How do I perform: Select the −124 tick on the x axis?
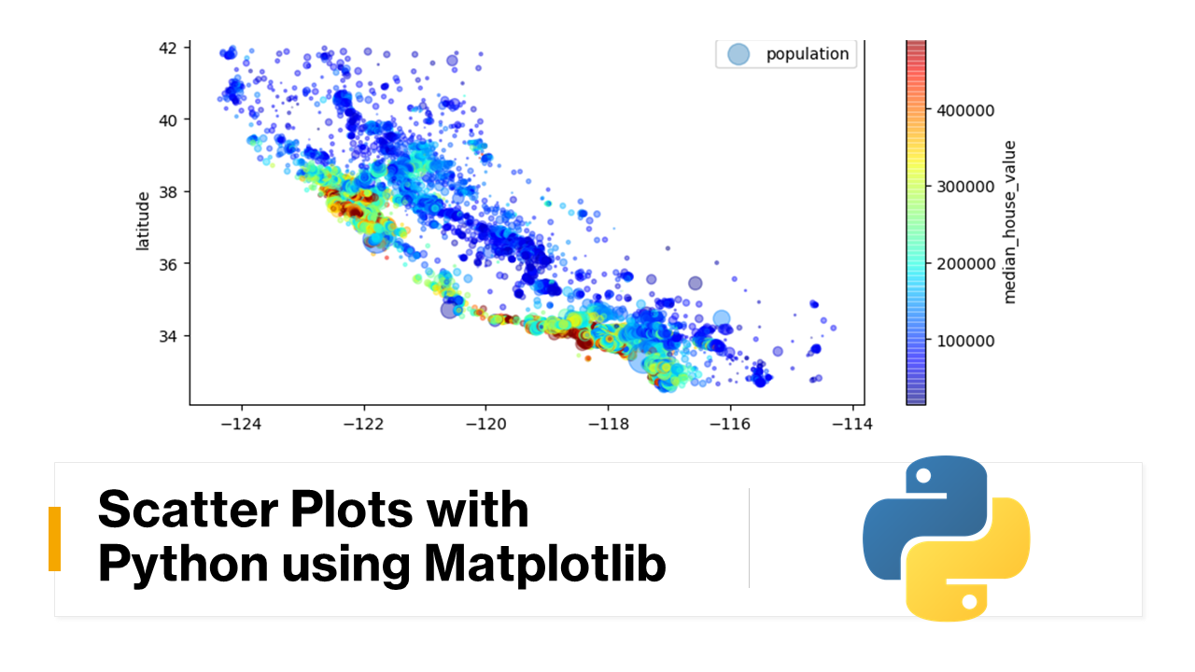pyautogui.click(x=242, y=424)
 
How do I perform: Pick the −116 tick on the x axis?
pyautogui.click(x=729, y=424)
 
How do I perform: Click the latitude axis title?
pyautogui.click(x=143, y=220)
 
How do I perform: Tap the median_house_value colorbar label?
pyautogui.click(x=1009, y=222)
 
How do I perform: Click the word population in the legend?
pyautogui.click(x=808, y=54)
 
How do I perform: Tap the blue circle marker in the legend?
pyautogui.click(x=738, y=54)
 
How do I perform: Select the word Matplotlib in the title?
pyautogui.click(x=545, y=563)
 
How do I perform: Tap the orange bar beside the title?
pyautogui.click(x=54, y=539)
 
